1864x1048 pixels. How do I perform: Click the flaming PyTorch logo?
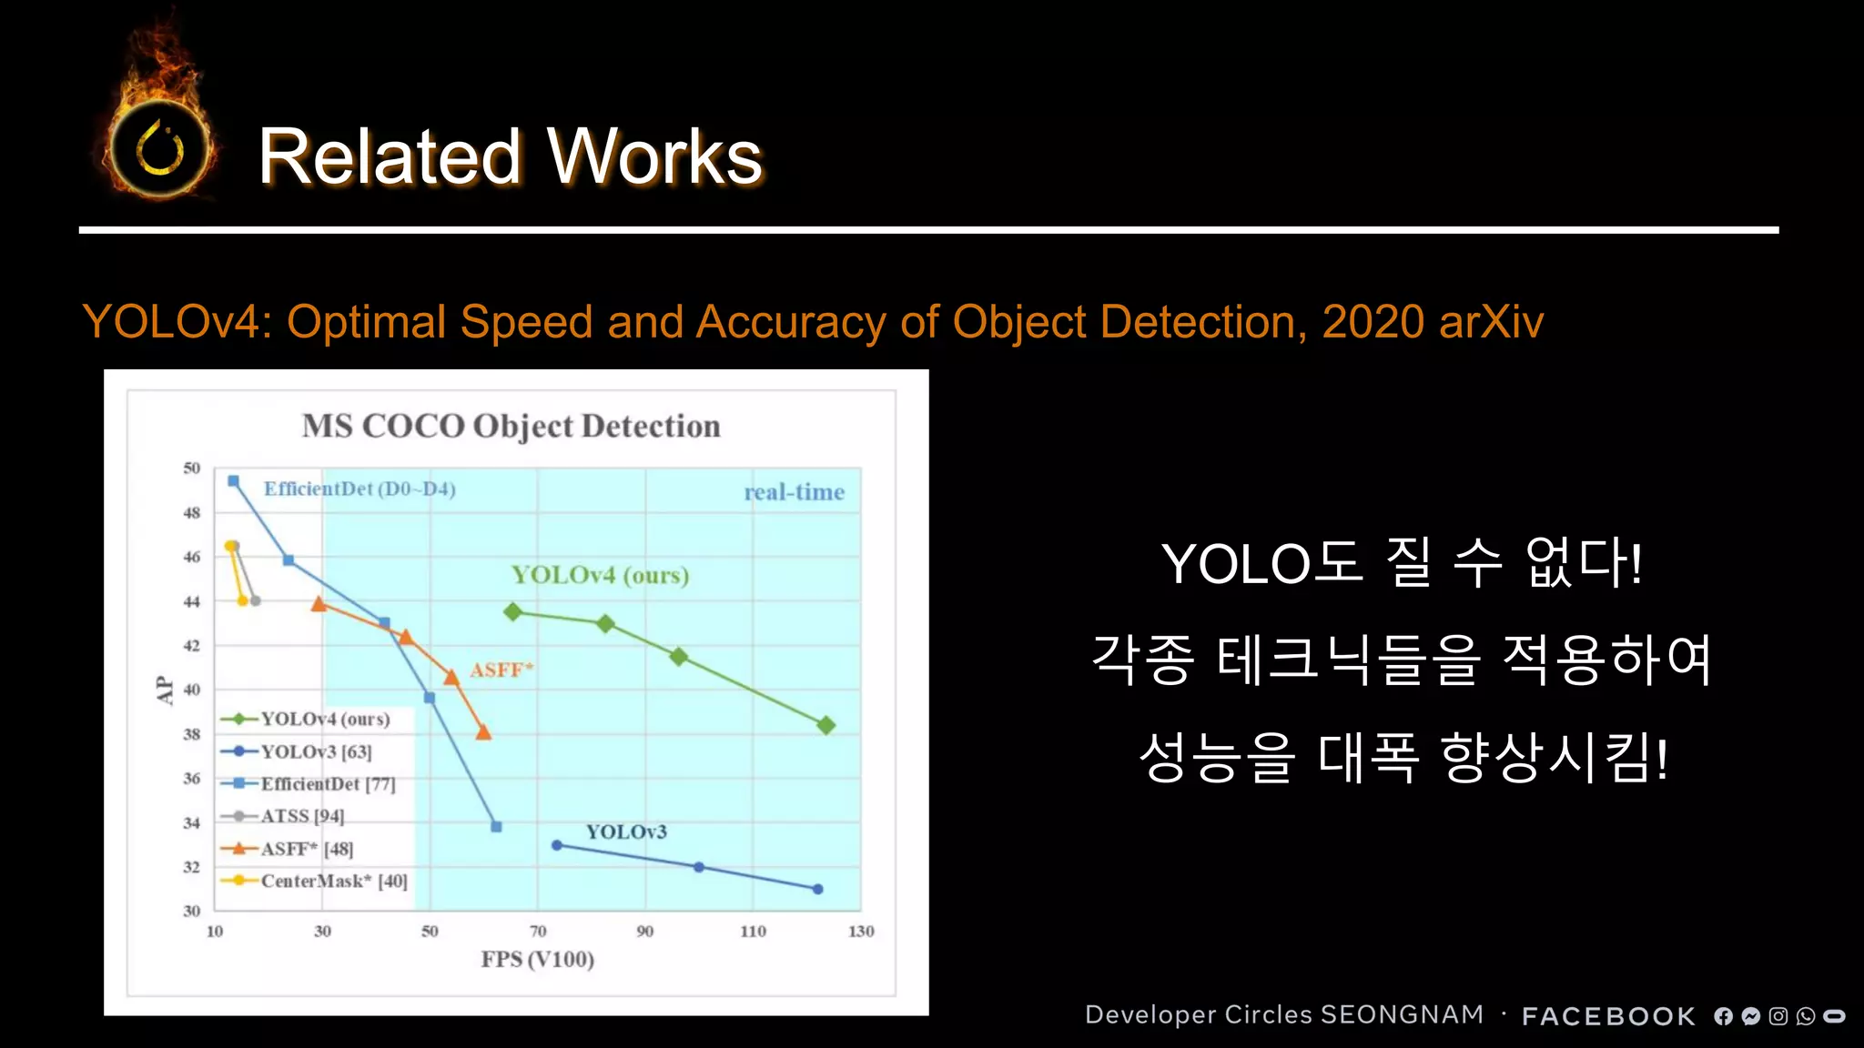[160, 146]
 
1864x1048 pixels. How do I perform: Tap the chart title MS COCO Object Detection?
[511, 426]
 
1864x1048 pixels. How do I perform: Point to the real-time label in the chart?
[794, 492]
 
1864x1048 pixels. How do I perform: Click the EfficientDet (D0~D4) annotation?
[360, 489]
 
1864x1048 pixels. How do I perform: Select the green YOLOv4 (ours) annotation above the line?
[600, 575]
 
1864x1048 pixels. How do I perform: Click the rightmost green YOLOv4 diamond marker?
[826, 725]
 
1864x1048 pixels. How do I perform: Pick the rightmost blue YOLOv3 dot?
[817, 889]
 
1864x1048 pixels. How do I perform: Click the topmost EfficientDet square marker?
[234, 481]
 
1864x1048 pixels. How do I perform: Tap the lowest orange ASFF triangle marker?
[483, 732]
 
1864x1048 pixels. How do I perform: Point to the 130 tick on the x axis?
[860, 931]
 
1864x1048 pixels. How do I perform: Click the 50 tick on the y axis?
[191, 468]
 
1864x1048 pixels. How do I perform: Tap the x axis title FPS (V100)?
[537, 959]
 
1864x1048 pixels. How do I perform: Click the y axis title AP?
[165, 690]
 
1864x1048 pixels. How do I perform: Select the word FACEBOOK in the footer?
[1608, 1016]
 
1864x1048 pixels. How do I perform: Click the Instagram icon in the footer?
[1778, 1016]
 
